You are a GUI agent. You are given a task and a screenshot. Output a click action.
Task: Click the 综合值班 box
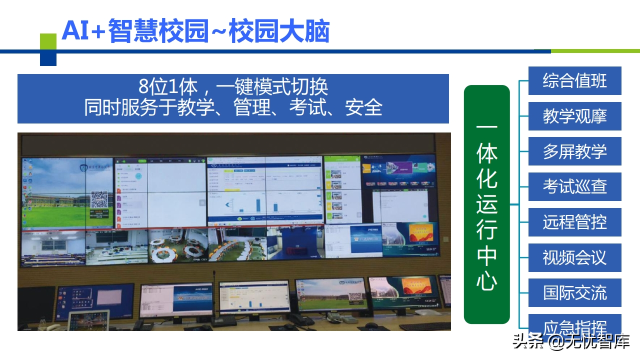(x=574, y=81)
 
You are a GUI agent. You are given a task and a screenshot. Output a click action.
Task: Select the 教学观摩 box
(x=574, y=116)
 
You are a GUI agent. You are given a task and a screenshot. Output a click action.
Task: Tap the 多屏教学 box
(x=574, y=151)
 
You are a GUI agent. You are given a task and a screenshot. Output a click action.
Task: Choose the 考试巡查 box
(x=574, y=187)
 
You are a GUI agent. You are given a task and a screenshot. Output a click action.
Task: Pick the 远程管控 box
(x=574, y=222)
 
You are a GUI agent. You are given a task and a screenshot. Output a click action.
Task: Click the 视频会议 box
(x=574, y=257)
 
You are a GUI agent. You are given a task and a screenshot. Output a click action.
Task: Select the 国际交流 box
(x=574, y=292)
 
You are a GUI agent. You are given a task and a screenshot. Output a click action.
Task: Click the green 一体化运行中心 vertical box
(x=486, y=204)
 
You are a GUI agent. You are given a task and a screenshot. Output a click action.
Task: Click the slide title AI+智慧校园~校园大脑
(x=195, y=31)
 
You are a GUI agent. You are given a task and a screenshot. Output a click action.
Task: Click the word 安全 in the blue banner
(x=363, y=107)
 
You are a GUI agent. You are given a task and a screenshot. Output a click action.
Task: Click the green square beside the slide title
(x=48, y=41)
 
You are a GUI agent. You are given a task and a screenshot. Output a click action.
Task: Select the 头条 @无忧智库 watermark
(x=571, y=342)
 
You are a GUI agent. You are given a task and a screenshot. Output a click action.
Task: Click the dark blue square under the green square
(x=48, y=58)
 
